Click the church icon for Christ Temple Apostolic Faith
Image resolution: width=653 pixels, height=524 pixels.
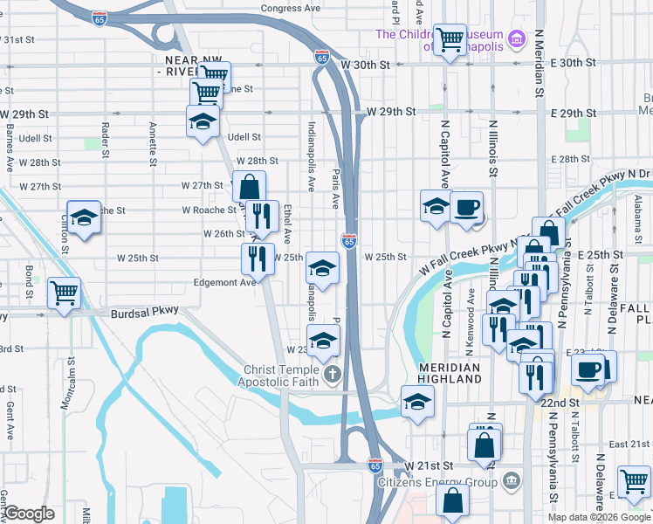pos(332,376)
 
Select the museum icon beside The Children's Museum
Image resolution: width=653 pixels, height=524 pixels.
pos(517,39)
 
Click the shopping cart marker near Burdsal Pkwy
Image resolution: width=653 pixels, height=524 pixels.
pos(64,293)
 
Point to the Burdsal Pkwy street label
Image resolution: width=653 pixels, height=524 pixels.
pos(144,311)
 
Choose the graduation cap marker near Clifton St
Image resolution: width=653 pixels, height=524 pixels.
pos(85,218)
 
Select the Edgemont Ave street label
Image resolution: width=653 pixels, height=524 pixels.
pos(224,282)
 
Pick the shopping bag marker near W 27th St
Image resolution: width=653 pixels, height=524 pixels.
pos(250,186)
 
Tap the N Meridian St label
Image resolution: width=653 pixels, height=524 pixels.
pos(540,61)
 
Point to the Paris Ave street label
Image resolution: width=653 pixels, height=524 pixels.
pos(335,188)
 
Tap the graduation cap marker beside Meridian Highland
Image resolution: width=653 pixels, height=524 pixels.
pos(417,402)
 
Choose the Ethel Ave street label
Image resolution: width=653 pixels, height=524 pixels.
pos(287,224)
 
